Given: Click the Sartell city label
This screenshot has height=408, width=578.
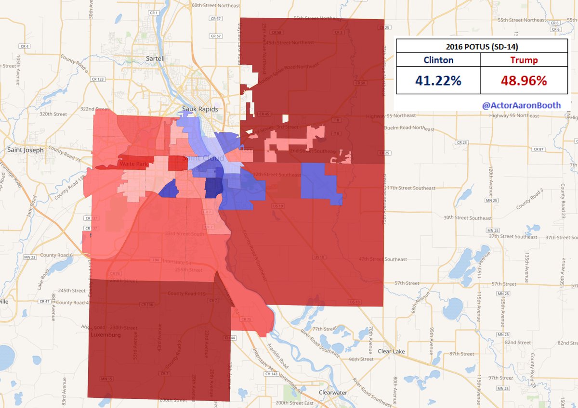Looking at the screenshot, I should pos(155,58).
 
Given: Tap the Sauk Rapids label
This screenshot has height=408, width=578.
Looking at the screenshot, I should pos(200,109).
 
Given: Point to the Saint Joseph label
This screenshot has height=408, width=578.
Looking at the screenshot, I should pos(25,150).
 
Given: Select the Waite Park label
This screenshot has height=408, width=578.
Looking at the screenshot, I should pos(134,165).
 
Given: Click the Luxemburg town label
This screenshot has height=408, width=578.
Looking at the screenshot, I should pos(105,334).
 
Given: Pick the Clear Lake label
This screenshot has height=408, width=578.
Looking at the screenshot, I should pos(392,351).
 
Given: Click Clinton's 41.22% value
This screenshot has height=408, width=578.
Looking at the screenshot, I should pos(438,80).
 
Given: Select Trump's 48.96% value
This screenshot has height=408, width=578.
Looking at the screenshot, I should pos(524,80).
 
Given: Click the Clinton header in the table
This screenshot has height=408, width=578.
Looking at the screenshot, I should pos(438,60).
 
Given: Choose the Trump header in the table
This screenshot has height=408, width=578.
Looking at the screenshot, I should pos(524,60).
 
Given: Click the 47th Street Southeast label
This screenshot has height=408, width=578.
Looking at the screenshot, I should pos(383,259).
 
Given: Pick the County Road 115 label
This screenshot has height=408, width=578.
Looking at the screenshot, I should pos(186,293).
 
